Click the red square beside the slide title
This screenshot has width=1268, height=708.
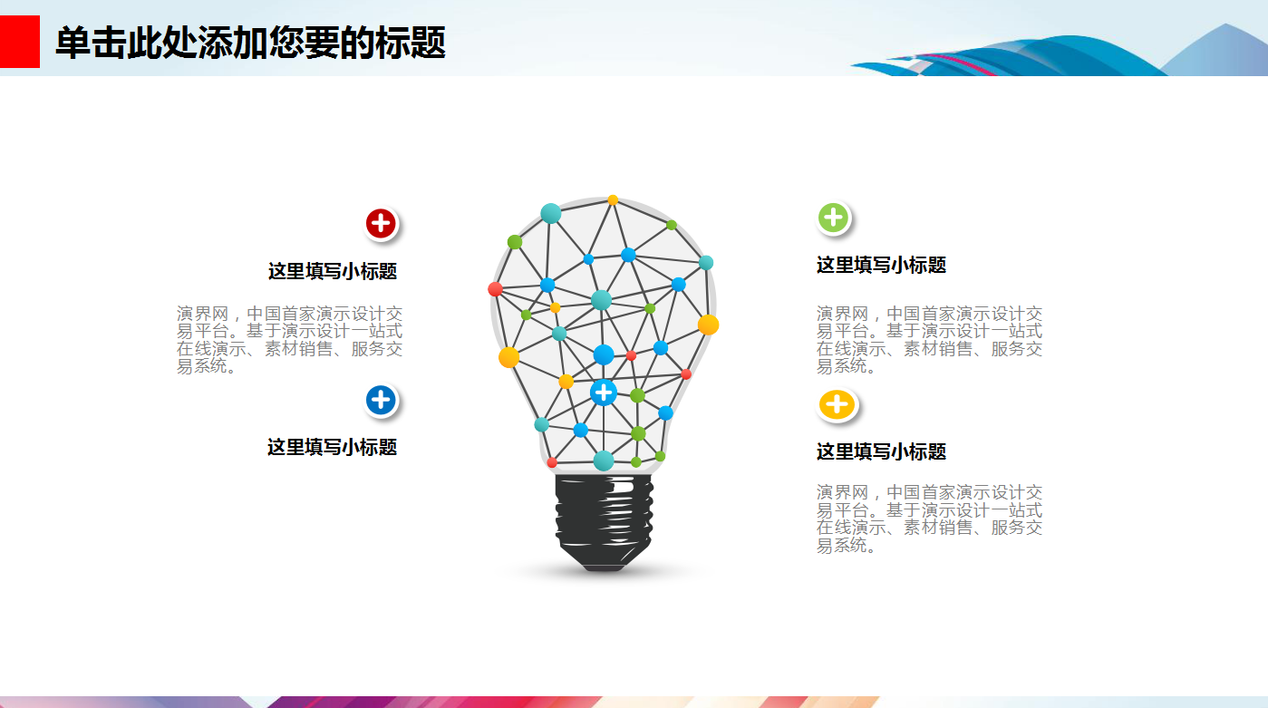pos(19,42)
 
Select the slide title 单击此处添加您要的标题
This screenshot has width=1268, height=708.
pos(250,43)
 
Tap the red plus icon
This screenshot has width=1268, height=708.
pos(382,223)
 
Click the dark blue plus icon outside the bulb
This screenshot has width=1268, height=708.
pos(382,400)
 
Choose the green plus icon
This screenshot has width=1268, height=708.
pos(833,218)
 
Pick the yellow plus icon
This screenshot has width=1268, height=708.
pos(837,404)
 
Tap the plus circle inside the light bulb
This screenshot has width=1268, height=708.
pos(604,393)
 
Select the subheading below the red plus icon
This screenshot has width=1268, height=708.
pos(333,271)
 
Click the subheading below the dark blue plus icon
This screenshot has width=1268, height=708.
pos(333,447)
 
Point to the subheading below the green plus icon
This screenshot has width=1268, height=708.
pos(881,265)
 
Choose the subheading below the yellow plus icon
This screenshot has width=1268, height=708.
pos(881,451)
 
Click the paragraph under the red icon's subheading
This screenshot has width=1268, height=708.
pos(290,340)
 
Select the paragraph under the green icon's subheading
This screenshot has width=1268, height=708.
pos(929,340)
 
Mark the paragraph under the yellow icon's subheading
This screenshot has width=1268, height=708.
pos(929,519)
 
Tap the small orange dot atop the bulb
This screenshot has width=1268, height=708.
pos(613,199)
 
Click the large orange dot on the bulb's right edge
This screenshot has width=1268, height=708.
pos(708,325)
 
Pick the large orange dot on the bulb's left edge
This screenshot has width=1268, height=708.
pos(508,357)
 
